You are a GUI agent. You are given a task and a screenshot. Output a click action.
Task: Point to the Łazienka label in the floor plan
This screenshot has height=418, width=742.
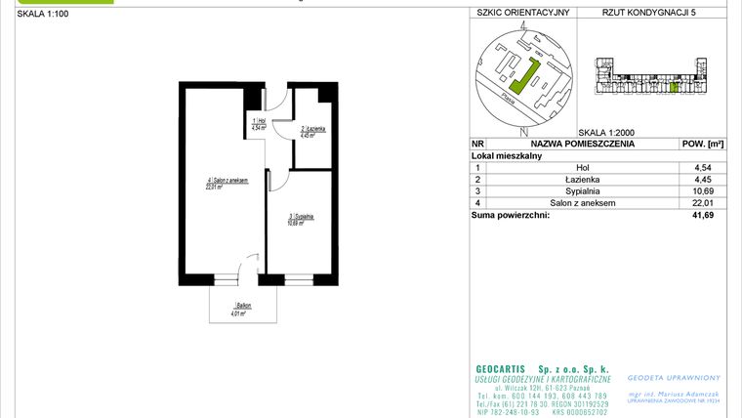pos(312,131)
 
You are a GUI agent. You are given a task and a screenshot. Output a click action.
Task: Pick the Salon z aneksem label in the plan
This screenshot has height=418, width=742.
pos(227,183)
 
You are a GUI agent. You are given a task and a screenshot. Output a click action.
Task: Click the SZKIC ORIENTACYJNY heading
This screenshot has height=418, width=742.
pos(522,15)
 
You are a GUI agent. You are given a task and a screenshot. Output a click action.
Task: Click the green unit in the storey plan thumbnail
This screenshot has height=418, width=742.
pos(674,88)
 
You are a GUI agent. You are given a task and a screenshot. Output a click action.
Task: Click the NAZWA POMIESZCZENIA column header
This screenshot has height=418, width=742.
pos(582,144)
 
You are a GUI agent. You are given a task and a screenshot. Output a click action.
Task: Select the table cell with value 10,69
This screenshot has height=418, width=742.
pos(701,191)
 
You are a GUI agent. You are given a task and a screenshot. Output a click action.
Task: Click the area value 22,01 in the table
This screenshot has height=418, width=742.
pos(701,203)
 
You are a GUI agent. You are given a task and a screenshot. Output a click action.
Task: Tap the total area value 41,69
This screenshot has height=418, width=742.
pos(701,215)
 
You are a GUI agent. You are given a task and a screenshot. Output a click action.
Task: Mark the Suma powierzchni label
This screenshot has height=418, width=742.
pos(511,215)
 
